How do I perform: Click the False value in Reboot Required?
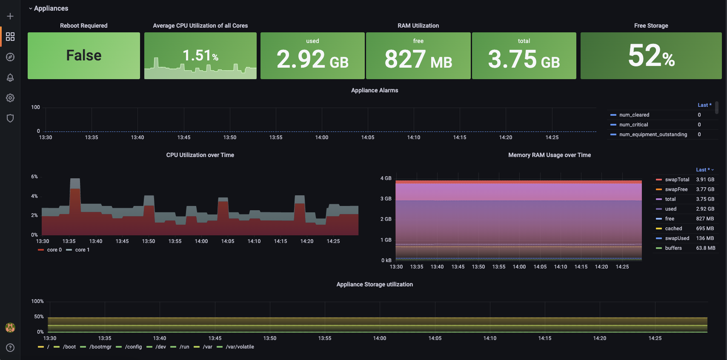pyautogui.click(x=84, y=55)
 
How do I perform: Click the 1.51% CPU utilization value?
pyautogui.click(x=200, y=55)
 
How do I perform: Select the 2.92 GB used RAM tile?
pyautogui.click(x=312, y=58)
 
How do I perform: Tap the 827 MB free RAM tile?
pyautogui.click(x=418, y=58)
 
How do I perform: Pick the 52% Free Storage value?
pyautogui.click(x=651, y=56)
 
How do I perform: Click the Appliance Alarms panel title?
pyautogui.click(x=375, y=90)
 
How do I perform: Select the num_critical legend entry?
pyautogui.click(x=633, y=125)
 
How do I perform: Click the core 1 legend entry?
pyautogui.click(x=82, y=250)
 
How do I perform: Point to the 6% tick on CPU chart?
pyautogui.click(x=34, y=177)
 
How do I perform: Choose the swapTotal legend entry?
pyautogui.click(x=677, y=180)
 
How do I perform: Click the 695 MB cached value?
pyautogui.click(x=705, y=229)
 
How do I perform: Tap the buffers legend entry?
pyautogui.click(x=673, y=248)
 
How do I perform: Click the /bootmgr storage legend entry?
pyautogui.click(x=100, y=347)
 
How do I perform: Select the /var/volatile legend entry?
pyautogui.click(x=240, y=347)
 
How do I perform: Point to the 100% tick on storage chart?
pyautogui.click(x=37, y=301)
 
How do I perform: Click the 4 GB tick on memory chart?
pyautogui.click(x=386, y=178)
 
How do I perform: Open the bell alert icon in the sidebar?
pyautogui.click(x=10, y=77)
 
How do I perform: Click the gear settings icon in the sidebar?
pyautogui.click(x=10, y=98)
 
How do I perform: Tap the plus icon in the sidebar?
pyautogui.click(x=10, y=16)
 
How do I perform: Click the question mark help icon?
pyautogui.click(x=10, y=348)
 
